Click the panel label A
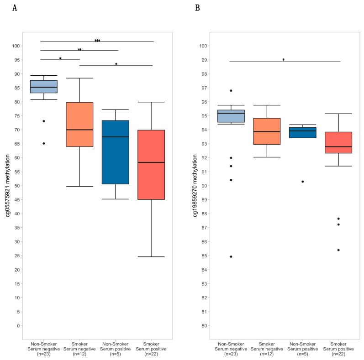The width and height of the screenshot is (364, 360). [x=15, y=8]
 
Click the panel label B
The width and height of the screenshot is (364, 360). [x=197, y=8]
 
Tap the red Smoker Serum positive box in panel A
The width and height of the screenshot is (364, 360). [x=151, y=165]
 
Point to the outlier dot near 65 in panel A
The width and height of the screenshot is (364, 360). [x=44, y=143]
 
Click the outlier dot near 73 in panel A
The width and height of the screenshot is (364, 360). [x=44, y=121]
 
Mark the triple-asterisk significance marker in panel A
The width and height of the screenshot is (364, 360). [x=97, y=41]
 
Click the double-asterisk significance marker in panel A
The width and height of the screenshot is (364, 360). [x=79, y=49]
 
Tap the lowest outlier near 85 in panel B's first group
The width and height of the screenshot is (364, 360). [x=231, y=256]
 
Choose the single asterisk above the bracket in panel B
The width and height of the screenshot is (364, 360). [x=283, y=60]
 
